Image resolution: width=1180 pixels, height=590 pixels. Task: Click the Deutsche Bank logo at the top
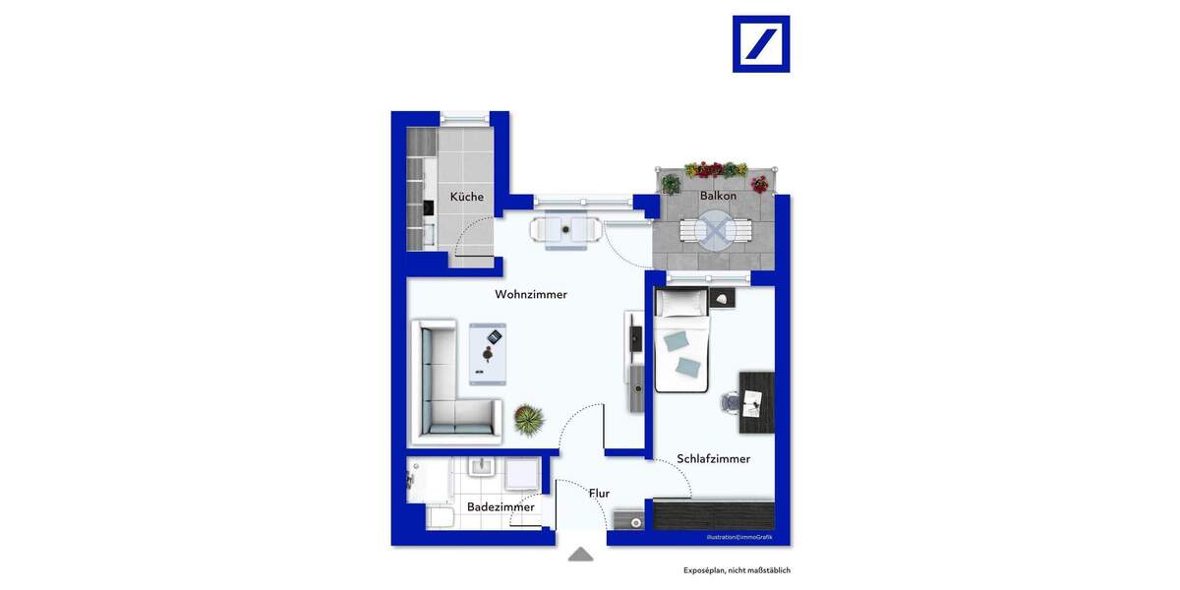pyautogui.click(x=761, y=44)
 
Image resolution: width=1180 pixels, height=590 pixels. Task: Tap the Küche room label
pyautogui.click(x=467, y=197)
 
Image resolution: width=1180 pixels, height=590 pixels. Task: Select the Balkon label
pyautogui.click(x=718, y=196)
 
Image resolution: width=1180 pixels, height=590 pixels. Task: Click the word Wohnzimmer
pyautogui.click(x=531, y=294)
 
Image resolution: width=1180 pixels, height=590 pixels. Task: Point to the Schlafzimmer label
pyautogui.click(x=713, y=458)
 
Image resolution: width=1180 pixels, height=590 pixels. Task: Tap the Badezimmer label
pyautogui.click(x=501, y=506)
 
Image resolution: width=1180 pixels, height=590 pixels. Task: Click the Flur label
pyautogui.click(x=599, y=494)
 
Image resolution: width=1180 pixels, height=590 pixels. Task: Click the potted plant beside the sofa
pyautogui.click(x=528, y=420)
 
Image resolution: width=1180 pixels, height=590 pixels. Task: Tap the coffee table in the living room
pyautogui.click(x=488, y=353)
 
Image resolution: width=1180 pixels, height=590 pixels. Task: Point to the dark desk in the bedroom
pyautogui.click(x=756, y=401)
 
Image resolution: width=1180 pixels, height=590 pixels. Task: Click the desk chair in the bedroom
pyautogui.click(x=731, y=402)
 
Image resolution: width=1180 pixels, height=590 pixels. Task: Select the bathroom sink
pyautogui.click(x=481, y=469)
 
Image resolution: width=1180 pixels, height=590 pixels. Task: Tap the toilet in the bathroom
pyautogui.click(x=440, y=516)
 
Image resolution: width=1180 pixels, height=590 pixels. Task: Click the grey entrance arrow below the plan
pyautogui.click(x=581, y=555)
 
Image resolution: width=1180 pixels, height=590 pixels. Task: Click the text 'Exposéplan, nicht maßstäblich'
pyautogui.click(x=737, y=570)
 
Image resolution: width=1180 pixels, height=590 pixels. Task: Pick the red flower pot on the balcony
pyautogui.click(x=759, y=183)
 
